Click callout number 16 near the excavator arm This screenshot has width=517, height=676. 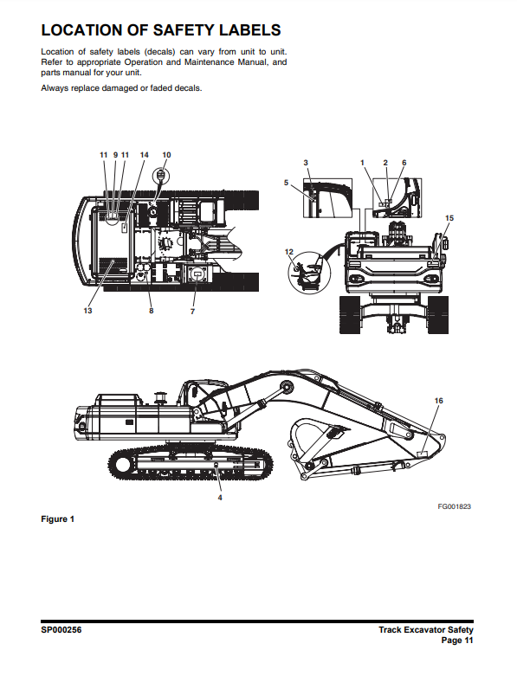click(438, 401)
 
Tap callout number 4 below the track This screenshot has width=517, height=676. click(220, 498)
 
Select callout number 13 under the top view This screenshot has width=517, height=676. click(88, 311)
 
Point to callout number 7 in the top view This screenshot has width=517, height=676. click(193, 312)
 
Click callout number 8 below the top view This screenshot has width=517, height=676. click(152, 311)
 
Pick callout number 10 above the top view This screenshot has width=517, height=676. click(166, 155)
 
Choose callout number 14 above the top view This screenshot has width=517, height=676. click(144, 155)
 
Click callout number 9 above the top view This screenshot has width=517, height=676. click(115, 155)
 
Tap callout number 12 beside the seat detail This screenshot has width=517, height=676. click(289, 252)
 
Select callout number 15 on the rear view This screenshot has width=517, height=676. click(449, 218)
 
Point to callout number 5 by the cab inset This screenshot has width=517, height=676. click(286, 183)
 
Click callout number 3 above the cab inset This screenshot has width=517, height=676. click(306, 163)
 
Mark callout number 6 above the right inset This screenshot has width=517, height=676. click(404, 163)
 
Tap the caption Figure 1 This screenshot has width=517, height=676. click(58, 519)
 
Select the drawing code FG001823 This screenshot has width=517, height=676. click(455, 506)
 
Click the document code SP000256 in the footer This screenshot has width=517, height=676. click(61, 630)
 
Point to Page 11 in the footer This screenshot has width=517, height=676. click(457, 641)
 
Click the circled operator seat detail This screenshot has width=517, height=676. click(309, 272)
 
